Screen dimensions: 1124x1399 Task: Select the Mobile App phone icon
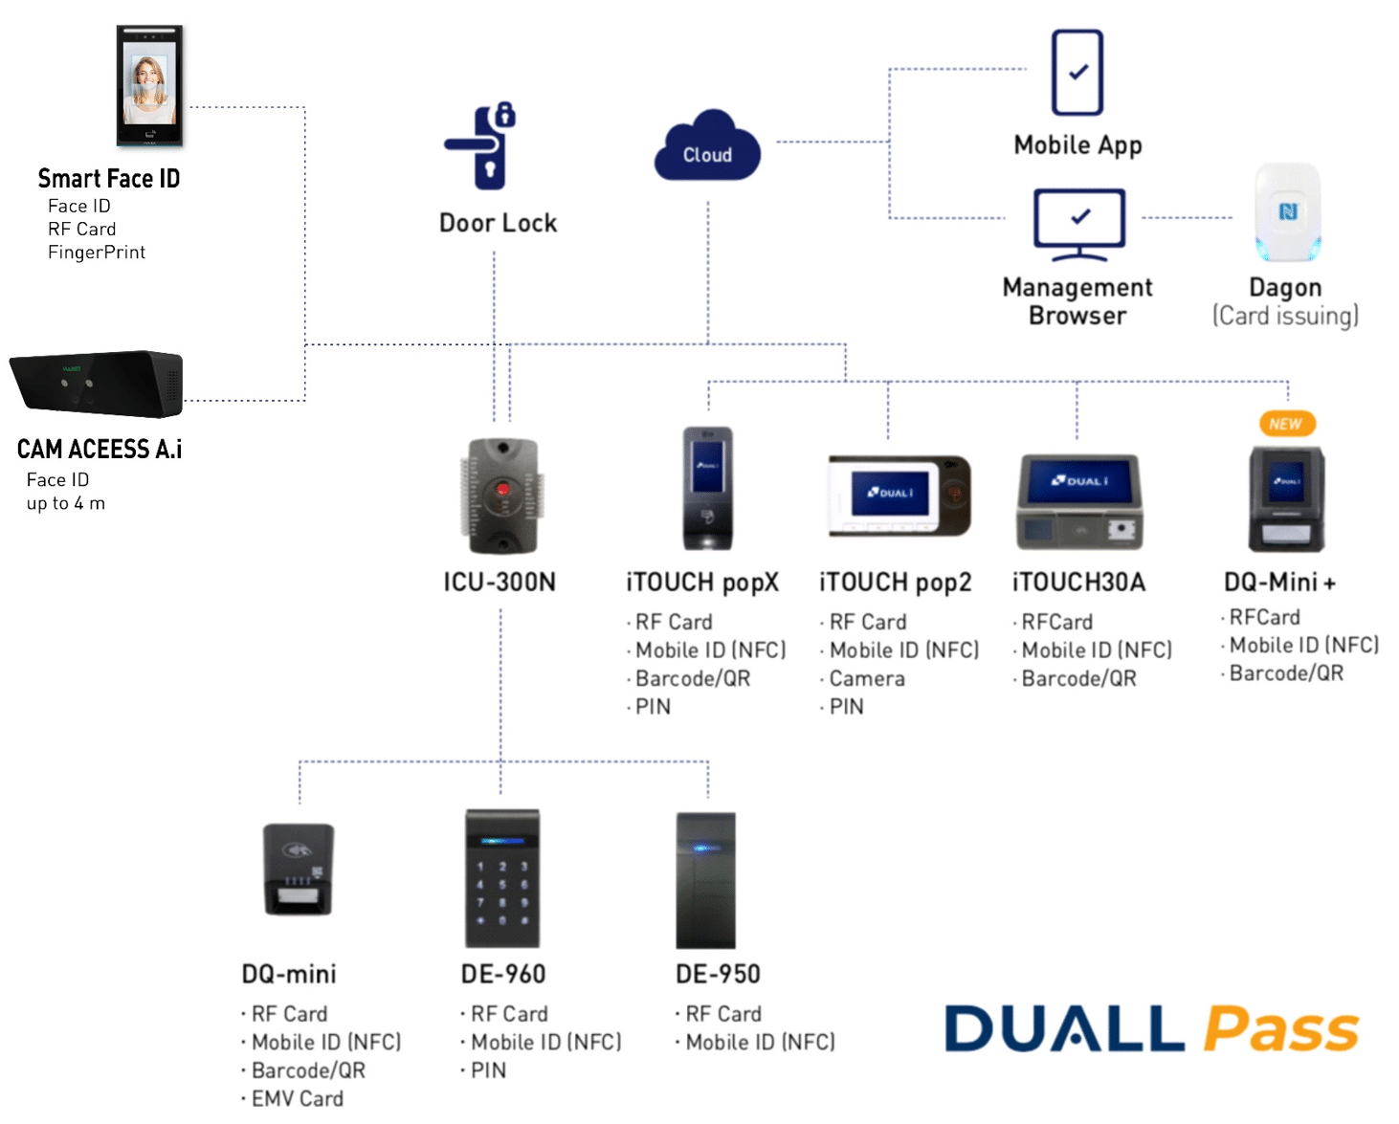point(1077,73)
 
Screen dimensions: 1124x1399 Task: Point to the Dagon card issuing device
point(1287,212)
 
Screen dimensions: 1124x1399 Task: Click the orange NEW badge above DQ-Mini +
point(1286,424)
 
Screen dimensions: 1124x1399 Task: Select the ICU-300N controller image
point(501,496)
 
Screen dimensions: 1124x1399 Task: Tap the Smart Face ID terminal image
point(149,86)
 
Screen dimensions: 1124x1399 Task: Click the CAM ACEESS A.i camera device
point(97,384)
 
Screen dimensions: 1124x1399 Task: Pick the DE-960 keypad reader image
point(502,878)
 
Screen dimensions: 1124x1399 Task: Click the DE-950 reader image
point(706,880)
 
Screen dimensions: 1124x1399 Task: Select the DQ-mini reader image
point(299,870)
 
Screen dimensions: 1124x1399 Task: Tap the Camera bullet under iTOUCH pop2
point(866,678)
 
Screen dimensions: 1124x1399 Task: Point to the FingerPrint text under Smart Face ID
point(97,253)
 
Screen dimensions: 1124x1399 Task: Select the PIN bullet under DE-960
point(488,1070)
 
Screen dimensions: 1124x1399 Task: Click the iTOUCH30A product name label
point(1078,583)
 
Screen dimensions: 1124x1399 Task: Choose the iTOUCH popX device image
point(708,488)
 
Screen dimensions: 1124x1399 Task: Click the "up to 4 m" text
point(66,503)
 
